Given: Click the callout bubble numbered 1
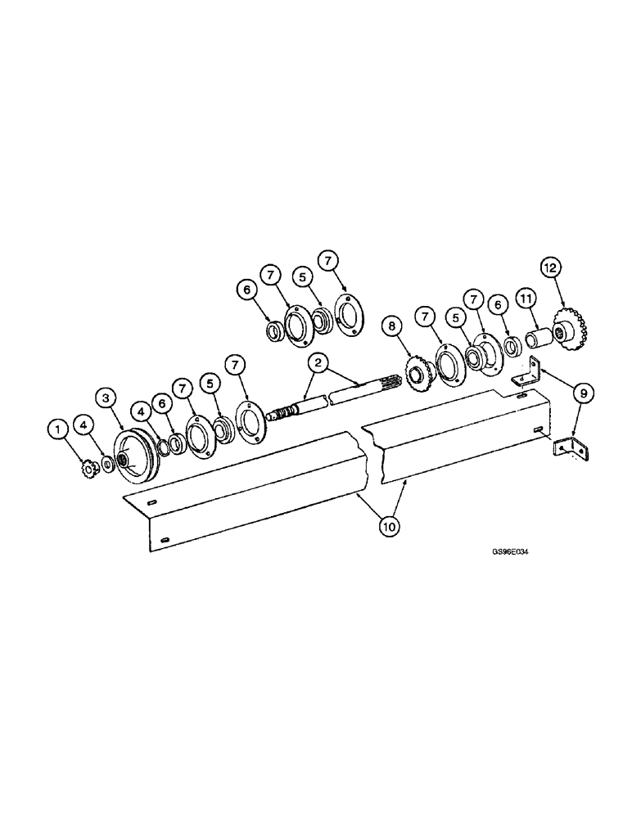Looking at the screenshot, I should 57,427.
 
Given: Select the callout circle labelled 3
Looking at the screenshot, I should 106,398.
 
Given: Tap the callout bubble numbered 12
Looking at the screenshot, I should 550,267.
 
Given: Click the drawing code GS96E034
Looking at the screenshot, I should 512,551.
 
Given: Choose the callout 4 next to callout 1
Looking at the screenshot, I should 84,424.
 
